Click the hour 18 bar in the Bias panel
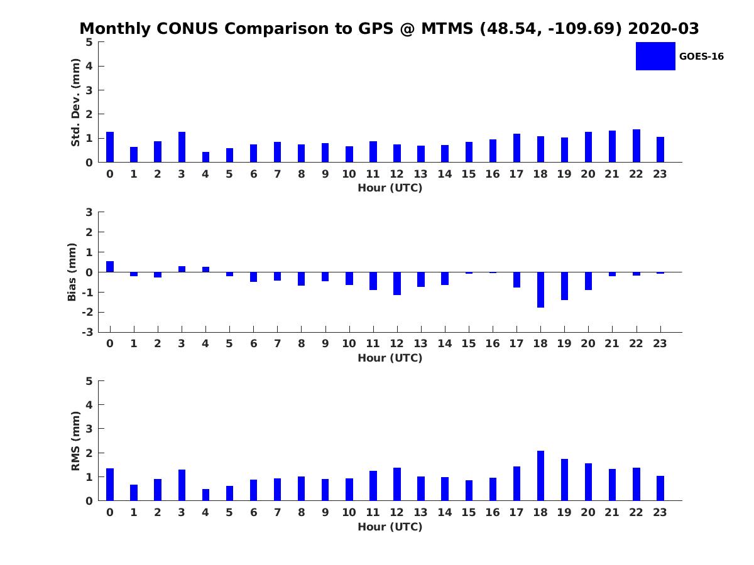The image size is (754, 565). pos(540,289)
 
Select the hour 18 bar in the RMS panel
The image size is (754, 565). pos(540,475)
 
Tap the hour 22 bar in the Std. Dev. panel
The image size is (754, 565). pos(637,146)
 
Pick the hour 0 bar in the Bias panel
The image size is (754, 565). pos(110,267)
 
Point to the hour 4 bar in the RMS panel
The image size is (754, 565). pos(205,495)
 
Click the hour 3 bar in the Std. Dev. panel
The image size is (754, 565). pos(182,147)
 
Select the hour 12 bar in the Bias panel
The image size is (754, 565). pos(397,283)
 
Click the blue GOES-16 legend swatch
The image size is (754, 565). pos(655,56)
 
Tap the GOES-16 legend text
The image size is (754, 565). pos(701,56)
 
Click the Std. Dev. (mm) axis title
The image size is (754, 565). pos(75,102)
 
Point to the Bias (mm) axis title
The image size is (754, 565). pos(72,272)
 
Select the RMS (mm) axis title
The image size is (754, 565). pos(75,441)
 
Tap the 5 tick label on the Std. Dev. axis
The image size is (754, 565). pos(90,42)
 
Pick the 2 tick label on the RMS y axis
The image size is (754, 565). pos(90,453)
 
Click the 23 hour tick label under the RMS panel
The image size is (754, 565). pos(660,512)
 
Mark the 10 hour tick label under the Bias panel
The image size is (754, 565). pos(349,343)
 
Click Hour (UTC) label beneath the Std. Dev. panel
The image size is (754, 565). pos(390,188)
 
